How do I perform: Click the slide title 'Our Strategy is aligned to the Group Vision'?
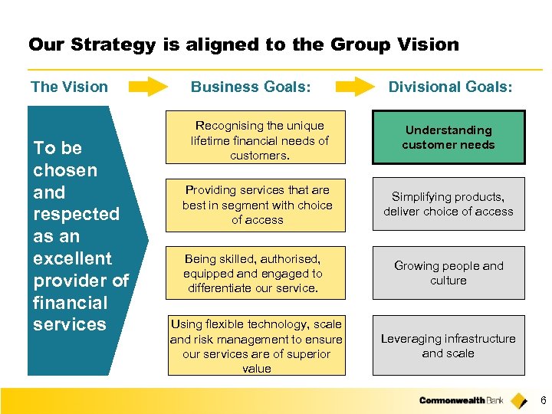(244, 44)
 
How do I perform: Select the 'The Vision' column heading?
(69, 87)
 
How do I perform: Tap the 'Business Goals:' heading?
(251, 87)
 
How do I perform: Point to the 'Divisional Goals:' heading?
(450, 87)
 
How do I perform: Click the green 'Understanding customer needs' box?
(449, 138)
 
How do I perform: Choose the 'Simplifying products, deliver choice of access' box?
(449, 205)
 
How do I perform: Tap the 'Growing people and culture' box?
(449, 273)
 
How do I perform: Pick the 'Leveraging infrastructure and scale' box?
(449, 346)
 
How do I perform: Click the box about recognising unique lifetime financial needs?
(257, 140)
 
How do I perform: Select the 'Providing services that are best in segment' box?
(257, 205)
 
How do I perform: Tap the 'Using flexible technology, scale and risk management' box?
(257, 347)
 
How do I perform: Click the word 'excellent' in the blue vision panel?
(72, 258)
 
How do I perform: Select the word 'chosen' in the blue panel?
(65, 170)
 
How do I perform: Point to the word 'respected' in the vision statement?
(76, 214)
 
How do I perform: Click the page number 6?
(543, 400)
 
